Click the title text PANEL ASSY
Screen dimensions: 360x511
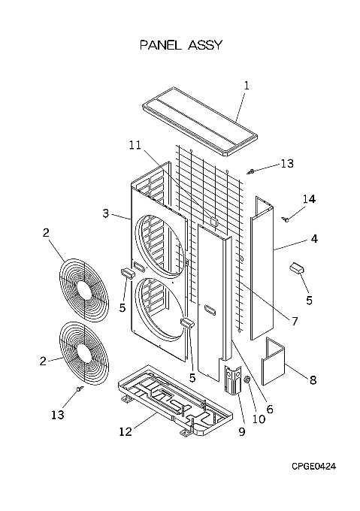coord(181,45)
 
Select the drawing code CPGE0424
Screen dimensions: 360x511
coord(313,467)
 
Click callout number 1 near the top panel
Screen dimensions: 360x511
coord(247,86)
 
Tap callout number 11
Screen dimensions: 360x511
coord(135,145)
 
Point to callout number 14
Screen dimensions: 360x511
coord(309,199)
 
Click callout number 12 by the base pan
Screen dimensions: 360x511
coord(126,432)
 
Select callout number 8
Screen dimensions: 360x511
coord(313,380)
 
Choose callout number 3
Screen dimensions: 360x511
coord(105,213)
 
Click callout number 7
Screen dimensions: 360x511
coord(295,322)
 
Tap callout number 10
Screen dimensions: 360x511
coord(259,419)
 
